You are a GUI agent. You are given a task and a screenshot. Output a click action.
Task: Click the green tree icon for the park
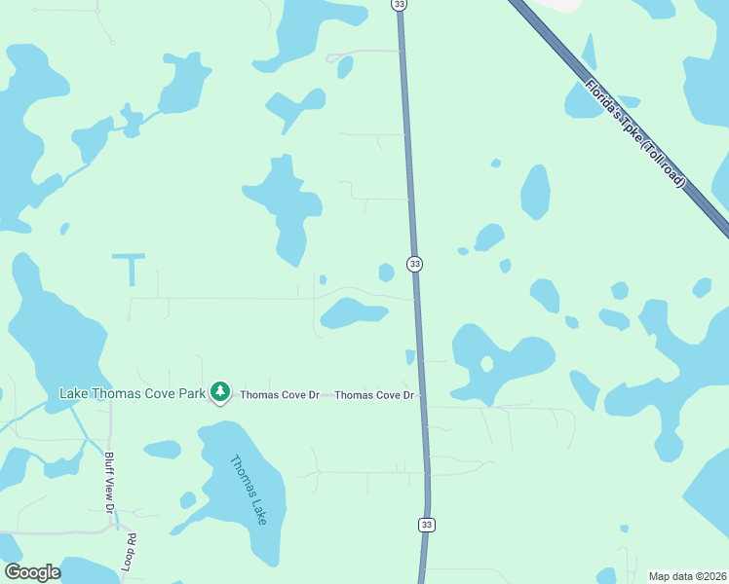tap(221, 391)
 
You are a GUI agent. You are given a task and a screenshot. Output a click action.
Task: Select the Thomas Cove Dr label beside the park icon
tap(280, 395)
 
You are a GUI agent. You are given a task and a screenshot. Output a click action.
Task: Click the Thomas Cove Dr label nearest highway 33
tap(374, 395)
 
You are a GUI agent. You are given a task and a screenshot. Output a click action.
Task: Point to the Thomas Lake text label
tap(248, 491)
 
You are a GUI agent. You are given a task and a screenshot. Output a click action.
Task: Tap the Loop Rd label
tap(129, 551)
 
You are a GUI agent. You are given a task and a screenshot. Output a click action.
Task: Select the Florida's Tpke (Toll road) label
tap(635, 132)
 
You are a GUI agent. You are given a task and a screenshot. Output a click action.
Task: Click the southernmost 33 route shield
tap(427, 525)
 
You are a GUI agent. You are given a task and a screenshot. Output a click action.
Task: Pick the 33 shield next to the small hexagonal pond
tap(415, 264)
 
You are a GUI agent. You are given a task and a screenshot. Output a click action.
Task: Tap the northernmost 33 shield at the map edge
tap(399, 5)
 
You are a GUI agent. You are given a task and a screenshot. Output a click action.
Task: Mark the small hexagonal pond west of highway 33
tap(387, 273)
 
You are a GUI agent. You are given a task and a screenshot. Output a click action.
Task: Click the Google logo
tap(32, 572)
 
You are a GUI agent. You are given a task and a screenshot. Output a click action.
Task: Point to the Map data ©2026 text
tap(687, 576)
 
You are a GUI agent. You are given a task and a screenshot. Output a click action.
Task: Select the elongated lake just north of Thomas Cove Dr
tap(353, 312)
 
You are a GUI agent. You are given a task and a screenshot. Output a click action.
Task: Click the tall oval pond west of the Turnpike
tap(535, 192)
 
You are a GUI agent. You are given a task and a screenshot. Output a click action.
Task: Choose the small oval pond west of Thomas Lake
tap(162, 450)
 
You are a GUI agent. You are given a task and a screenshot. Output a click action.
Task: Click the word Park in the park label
tap(193, 393)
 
